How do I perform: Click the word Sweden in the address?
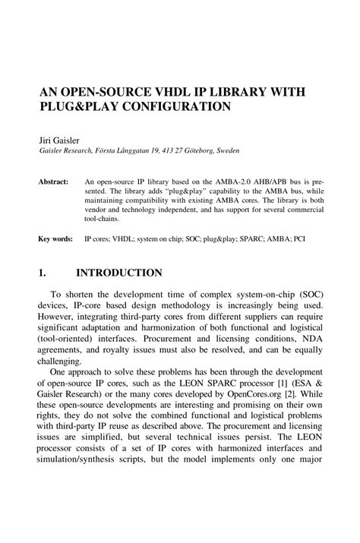pyautogui.click(x=226, y=151)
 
